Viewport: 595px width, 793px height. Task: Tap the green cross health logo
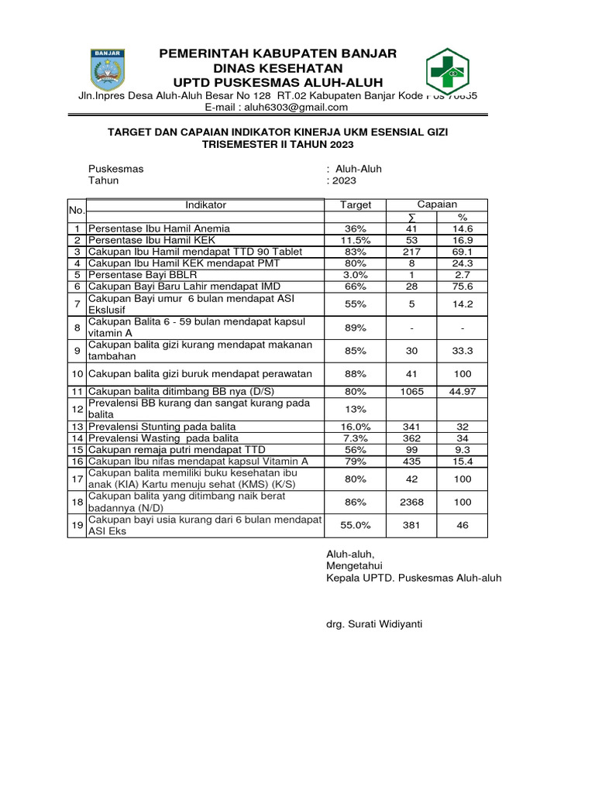(x=446, y=71)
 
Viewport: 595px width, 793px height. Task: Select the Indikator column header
(x=205, y=204)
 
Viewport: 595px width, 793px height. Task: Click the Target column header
(x=356, y=205)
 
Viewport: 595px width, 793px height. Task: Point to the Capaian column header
(x=437, y=204)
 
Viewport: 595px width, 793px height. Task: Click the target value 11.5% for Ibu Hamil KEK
(x=356, y=241)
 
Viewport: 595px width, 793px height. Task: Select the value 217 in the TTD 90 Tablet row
(x=411, y=252)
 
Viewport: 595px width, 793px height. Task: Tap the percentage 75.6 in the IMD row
(x=462, y=286)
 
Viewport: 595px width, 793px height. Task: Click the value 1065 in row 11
(x=411, y=392)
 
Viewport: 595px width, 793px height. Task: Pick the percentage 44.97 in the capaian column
(x=462, y=392)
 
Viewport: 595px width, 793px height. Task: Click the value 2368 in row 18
(x=411, y=502)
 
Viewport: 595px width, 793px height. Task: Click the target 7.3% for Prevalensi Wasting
(x=356, y=438)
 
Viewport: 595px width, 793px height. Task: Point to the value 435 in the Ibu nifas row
(x=411, y=461)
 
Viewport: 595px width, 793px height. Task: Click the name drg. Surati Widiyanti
(x=374, y=623)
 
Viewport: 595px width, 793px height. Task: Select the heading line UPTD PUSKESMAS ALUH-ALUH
(x=277, y=83)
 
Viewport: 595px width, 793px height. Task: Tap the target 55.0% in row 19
(x=356, y=525)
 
